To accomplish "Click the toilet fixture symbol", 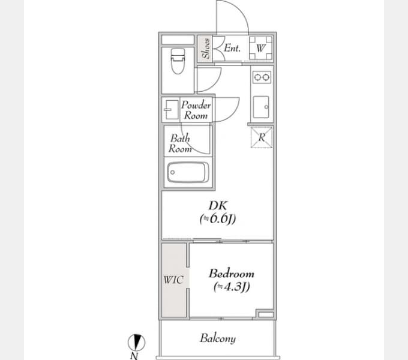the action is [x=178, y=61].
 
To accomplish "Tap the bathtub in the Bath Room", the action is [x=188, y=172].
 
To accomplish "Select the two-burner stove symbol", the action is [x=262, y=77].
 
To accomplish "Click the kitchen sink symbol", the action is [x=261, y=107].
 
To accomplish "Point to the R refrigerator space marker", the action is [x=262, y=137].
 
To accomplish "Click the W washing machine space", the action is [x=261, y=49].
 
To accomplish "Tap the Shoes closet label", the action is [x=206, y=49].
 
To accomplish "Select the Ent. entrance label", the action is [x=232, y=48].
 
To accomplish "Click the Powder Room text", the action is [x=196, y=110].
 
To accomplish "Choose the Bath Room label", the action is [x=180, y=143].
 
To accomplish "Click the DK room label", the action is [x=218, y=205].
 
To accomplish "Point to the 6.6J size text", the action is [x=218, y=219].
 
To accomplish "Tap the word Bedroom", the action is [x=232, y=274].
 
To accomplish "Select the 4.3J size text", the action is [x=232, y=287].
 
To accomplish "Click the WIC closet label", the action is [x=173, y=280].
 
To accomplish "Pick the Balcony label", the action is [x=218, y=338].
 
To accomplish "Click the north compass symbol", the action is [x=136, y=343].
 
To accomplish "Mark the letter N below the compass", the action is [x=134, y=356].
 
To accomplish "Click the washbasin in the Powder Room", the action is [x=170, y=110].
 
